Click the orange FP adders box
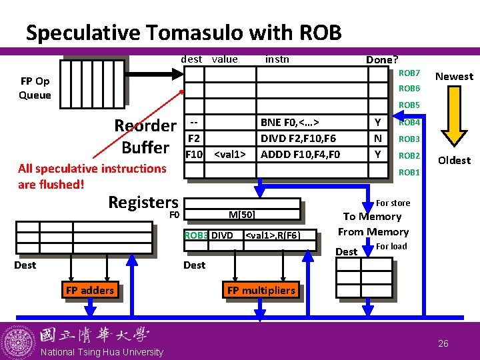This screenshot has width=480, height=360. pos(90,289)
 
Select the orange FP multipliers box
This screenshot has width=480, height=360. pos(261,289)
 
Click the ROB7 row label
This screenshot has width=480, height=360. pos(409,73)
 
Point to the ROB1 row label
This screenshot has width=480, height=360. pos(409,173)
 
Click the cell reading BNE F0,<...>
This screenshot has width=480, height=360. pos(312,123)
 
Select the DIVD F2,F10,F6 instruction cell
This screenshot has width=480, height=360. pos(312,139)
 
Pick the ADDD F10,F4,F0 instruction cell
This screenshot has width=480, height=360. pos(312,154)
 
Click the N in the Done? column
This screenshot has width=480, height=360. pos(378,139)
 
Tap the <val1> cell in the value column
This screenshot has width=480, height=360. pos(230,154)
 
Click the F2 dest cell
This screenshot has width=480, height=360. pos(194,139)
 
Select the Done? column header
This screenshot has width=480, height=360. pos(382,59)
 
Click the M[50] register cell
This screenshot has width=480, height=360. pos(242,214)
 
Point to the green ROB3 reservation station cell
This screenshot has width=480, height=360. pos(196,235)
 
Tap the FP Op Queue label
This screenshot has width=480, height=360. pos(35,88)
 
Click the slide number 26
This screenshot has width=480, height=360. pos(443,343)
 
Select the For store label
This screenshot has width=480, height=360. pos(393,203)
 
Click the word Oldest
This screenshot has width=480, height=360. pos(454,160)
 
